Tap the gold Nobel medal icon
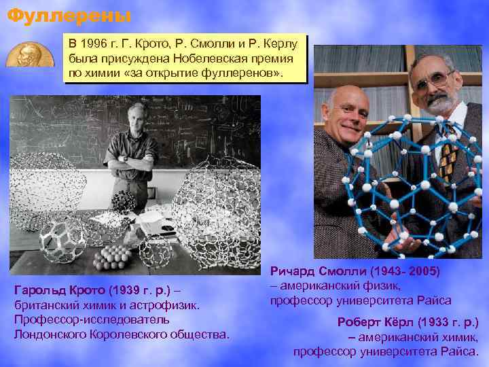point(30,54)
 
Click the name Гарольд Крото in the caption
point(60,292)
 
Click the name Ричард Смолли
point(327,271)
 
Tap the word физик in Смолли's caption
point(391,285)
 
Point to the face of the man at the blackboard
point(140,116)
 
